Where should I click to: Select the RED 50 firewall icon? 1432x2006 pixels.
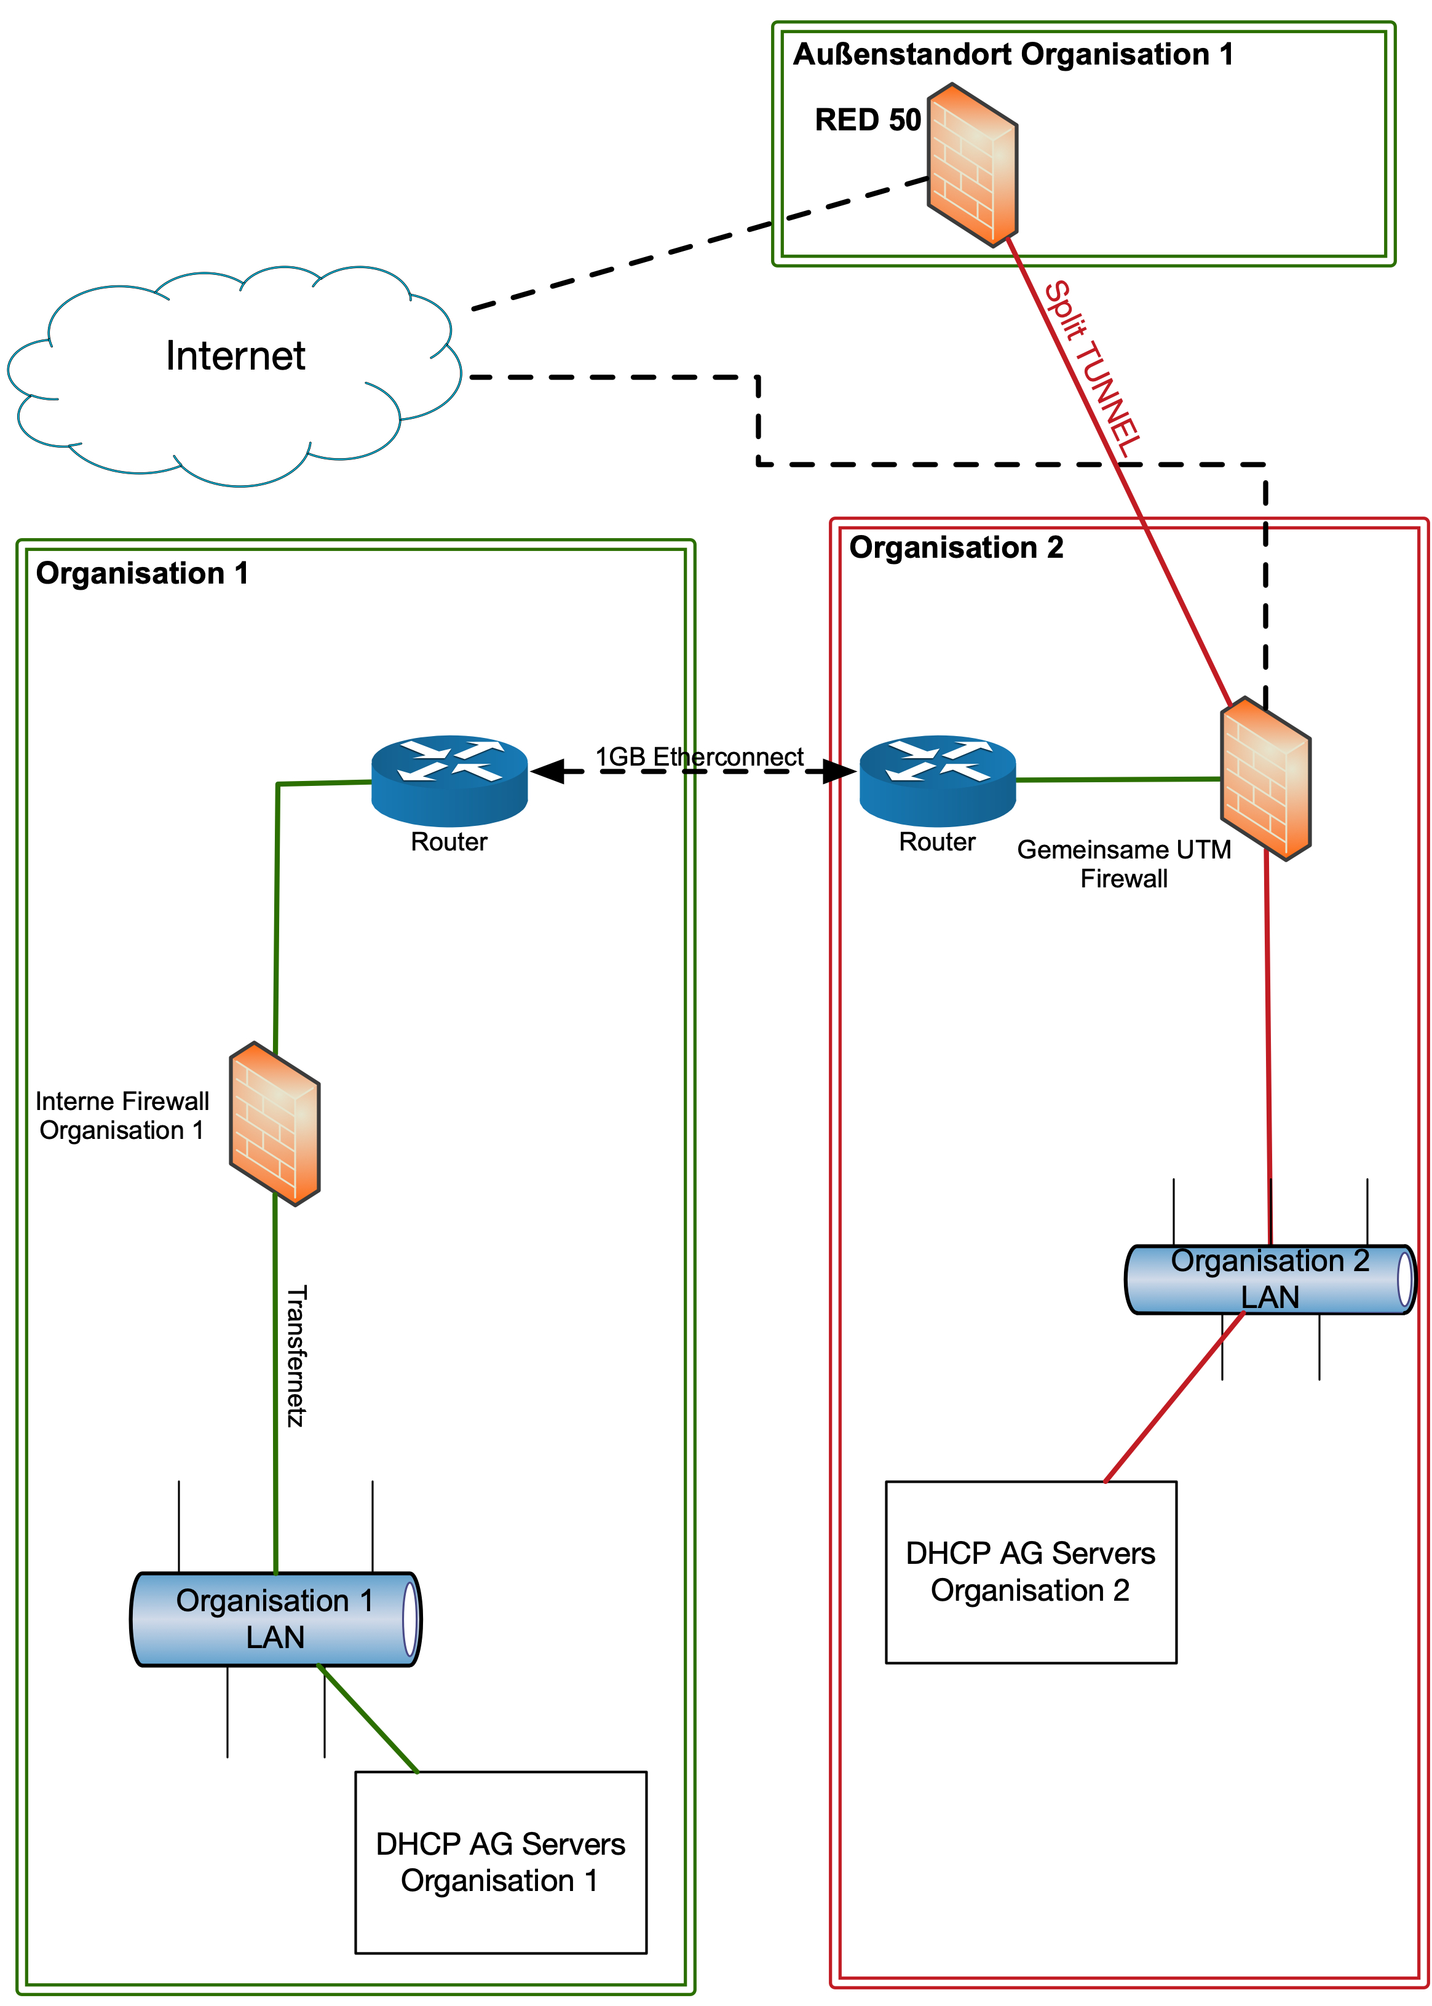tap(973, 165)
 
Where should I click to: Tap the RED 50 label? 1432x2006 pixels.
tap(868, 120)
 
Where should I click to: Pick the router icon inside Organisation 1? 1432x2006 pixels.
tap(449, 780)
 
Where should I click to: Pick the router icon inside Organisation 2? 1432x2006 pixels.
tap(937, 780)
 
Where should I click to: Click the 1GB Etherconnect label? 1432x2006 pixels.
tap(699, 756)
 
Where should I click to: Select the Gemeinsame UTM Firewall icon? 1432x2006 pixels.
tap(1265, 778)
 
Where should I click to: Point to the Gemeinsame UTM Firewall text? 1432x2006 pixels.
tap(1124, 863)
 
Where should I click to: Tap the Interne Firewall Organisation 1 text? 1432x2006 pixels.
tap(122, 1116)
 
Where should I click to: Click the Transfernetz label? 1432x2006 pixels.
tap(297, 1355)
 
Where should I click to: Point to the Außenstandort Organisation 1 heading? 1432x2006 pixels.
tap(1013, 55)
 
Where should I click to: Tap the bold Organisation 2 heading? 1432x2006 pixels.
tap(956, 547)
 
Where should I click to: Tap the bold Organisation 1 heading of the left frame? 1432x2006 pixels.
tap(142, 573)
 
